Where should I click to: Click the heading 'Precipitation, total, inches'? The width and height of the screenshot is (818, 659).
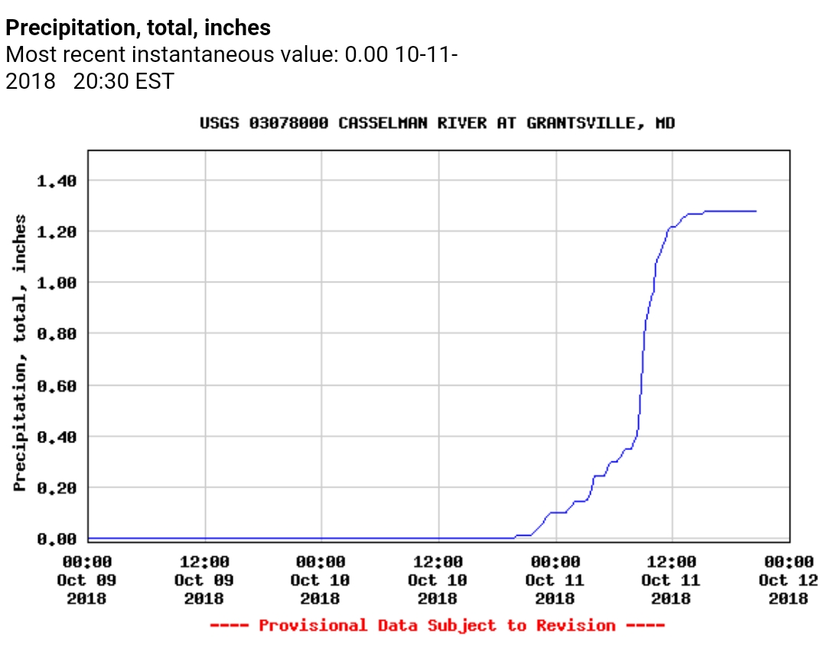pyautogui.click(x=138, y=28)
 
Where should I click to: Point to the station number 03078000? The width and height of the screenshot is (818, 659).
pyautogui.click(x=288, y=123)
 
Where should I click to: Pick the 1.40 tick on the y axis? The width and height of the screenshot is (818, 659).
pyautogui.click(x=57, y=181)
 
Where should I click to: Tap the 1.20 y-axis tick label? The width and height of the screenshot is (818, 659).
pyautogui.click(x=57, y=231)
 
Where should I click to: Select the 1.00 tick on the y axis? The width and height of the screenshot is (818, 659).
pyautogui.click(x=57, y=282)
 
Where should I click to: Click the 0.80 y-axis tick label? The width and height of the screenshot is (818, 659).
pyautogui.click(x=57, y=334)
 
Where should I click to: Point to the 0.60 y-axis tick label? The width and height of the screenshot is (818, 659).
pyautogui.click(x=57, y=385)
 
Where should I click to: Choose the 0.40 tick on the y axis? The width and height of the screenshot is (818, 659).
pyautogui.click(x=57, y=436)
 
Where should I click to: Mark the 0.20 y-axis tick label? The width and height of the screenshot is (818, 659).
pyautogui.click(x=57, y=488)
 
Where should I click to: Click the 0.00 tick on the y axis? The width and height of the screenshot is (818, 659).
pyautogui.click(x=57, y=539)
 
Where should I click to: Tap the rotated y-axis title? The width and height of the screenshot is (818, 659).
pyautogui.click(x=20, y=352)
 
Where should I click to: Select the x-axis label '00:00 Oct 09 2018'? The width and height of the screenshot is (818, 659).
pyautogui.click(x=86, y=580)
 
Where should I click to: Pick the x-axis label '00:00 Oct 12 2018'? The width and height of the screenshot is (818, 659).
pyautogui.click(x=788, y=580)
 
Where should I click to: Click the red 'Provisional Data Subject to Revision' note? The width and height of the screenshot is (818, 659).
pyautogui.click(x=437, y=625)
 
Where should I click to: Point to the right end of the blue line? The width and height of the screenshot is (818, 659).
pyautogui.click(x=756, y=211)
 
